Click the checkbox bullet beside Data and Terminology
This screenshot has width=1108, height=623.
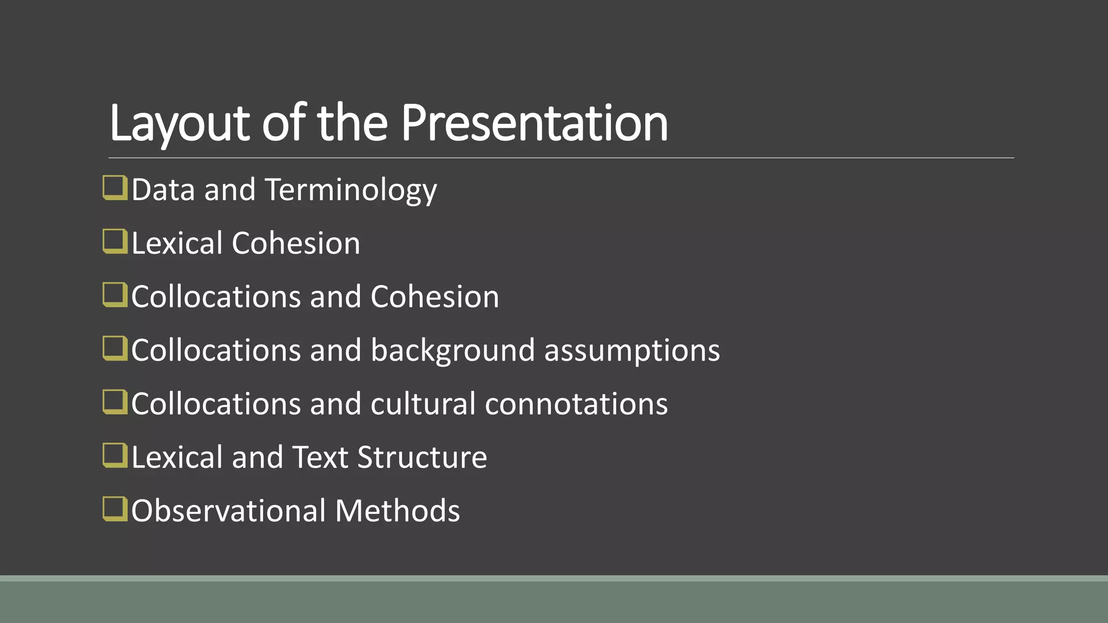(x=115, y=188)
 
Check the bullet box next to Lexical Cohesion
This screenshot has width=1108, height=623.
(x=115, y=242)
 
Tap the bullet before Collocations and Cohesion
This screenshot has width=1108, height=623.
(x=115, y=295)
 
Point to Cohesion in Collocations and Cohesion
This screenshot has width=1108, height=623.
(x=434, y=297)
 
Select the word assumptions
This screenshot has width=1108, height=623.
(x=632, y=350)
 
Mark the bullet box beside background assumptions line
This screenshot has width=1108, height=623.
(x=115, y=349)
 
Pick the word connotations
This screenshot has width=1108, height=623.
(x=576, y=404)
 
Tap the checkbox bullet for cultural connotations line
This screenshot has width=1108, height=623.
(x=115, y=402)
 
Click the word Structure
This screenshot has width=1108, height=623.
(x=422, y=458)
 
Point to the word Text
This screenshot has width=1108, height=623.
(x=320, y=458)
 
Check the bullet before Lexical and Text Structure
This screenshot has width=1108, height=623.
(x=115, y=456)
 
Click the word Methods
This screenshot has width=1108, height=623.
(x=397, y=511)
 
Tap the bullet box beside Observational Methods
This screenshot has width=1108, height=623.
(x=115, y=509)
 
